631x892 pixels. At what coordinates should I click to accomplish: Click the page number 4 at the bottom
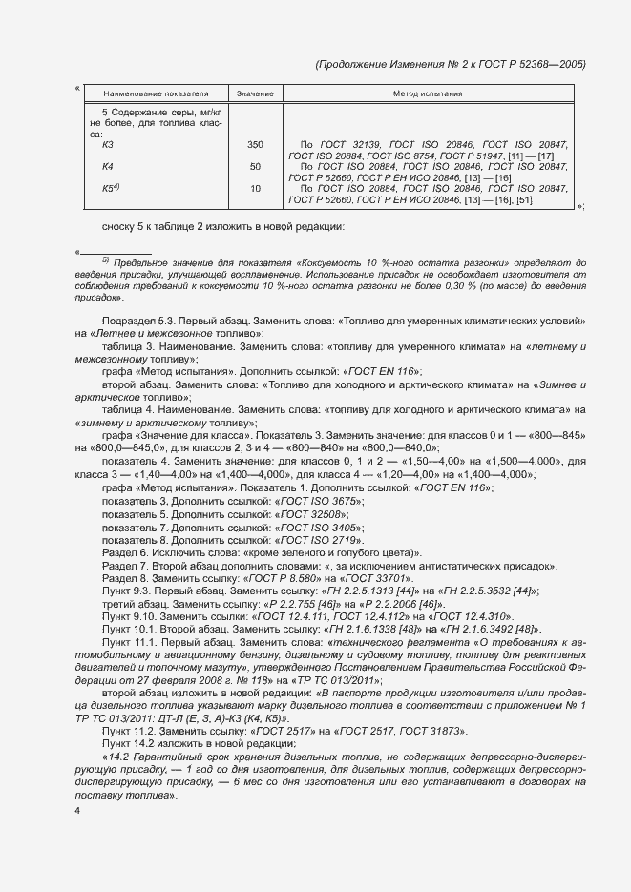[78, 811]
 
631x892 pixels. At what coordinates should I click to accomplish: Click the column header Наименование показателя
[149, 94]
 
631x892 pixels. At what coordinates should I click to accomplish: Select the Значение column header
[255, 94]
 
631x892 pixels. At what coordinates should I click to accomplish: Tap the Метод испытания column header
[428, 94]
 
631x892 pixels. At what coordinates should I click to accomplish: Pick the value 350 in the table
[255, 145]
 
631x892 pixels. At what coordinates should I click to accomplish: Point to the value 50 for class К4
[255, 167]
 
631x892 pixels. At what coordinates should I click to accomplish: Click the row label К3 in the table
[108, 145]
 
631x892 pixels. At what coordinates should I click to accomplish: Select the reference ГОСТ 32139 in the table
[346, 145]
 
